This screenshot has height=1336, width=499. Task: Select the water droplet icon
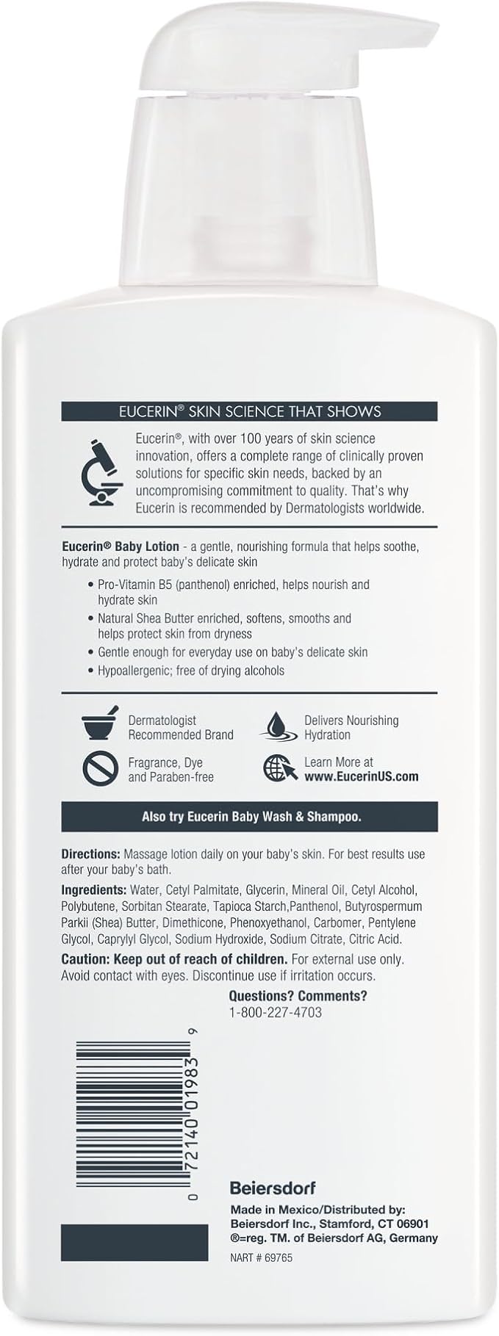tap(278, 726)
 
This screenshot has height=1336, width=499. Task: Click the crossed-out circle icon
tap(100, 768)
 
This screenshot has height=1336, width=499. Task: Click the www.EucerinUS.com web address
tap(361, 776)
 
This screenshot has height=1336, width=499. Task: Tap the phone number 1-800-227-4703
tap(275, 1012)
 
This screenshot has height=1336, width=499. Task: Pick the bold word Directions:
tap(90, 855)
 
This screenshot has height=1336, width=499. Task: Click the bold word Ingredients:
tap(93, 890)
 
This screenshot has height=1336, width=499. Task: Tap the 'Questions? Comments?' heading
tap(298, 996)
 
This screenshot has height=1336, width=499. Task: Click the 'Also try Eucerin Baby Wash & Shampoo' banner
tap(250, 817)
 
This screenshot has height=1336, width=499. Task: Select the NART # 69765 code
tap(261, 1257)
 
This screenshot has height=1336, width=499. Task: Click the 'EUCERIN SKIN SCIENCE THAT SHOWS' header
tap(250, 411)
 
